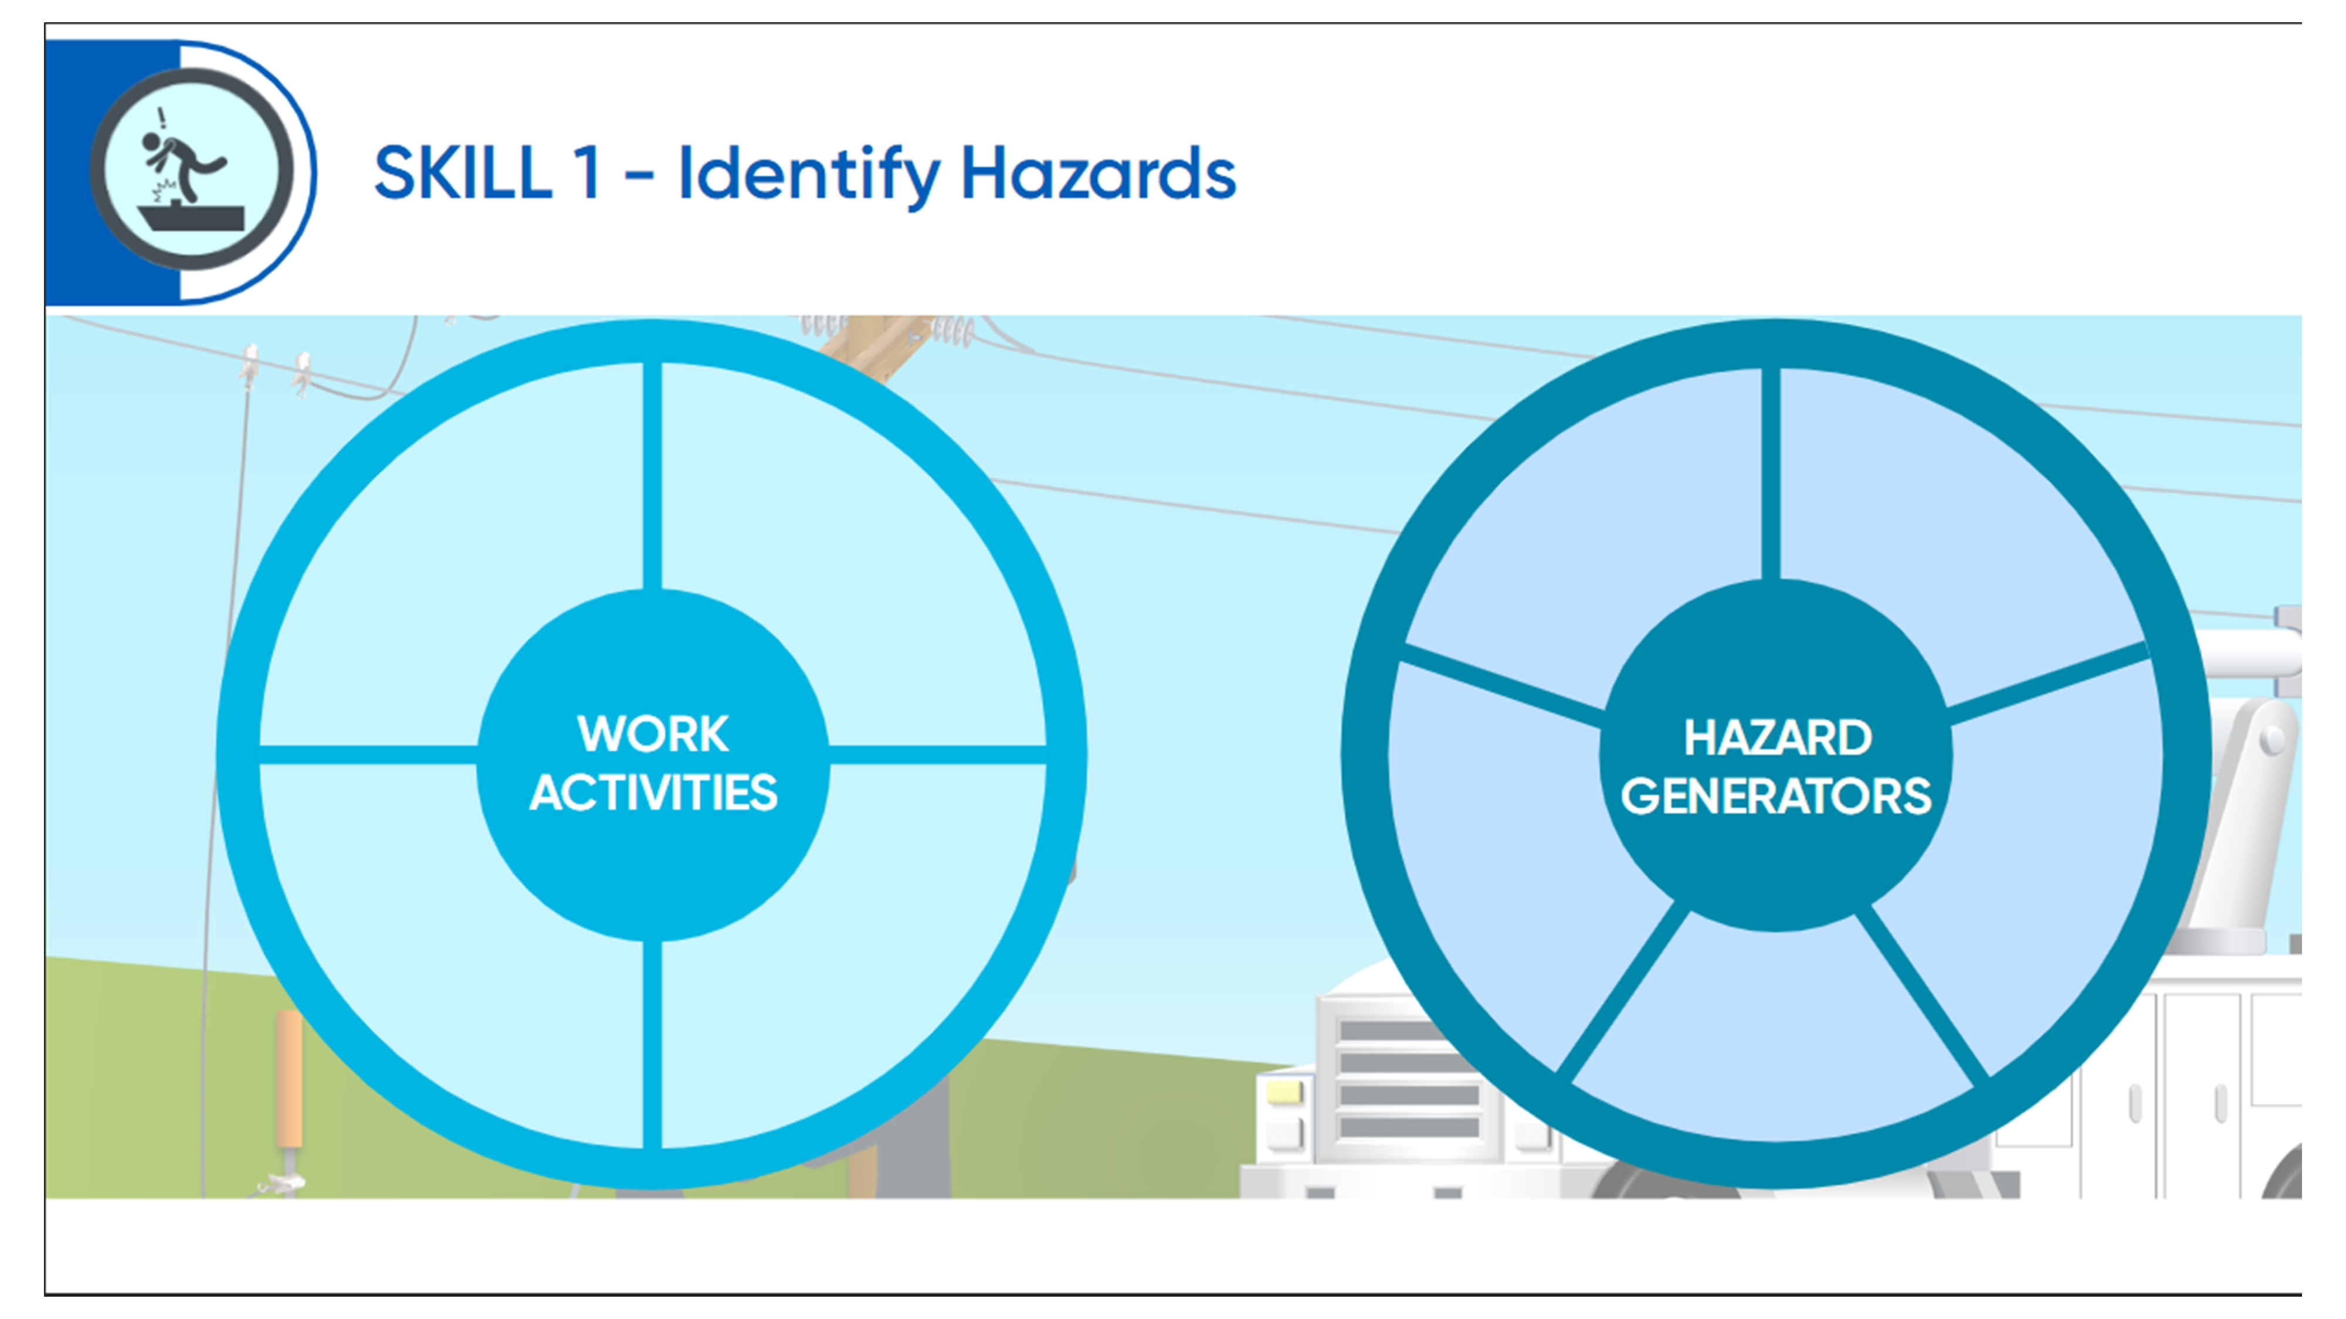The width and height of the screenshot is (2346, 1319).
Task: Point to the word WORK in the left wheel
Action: (x=653, y=734)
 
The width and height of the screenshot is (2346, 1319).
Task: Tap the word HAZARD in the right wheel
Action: (x=1777, y=737)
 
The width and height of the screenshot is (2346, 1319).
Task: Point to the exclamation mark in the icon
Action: (x=162, y=118)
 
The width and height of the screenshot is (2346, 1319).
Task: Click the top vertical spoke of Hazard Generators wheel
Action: (x=1771, y=473)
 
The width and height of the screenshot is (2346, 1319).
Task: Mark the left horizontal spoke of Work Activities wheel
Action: (x=369, y=754)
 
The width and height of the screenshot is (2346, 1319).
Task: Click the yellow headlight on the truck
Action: (x=1284, y=1090)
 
